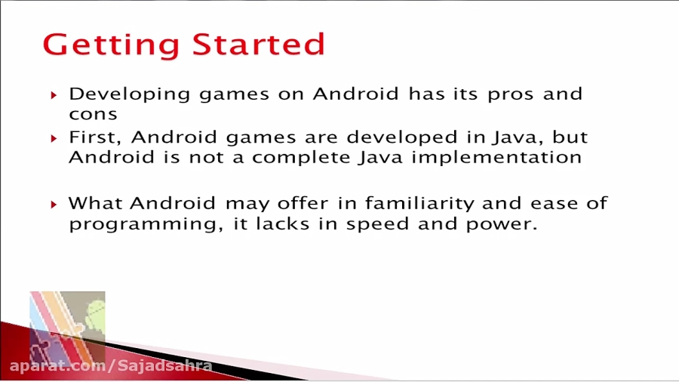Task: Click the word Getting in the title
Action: (112, 45)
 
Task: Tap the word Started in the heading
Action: (259, 44)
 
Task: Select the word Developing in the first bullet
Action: (130, 94)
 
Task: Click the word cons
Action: (93, 114)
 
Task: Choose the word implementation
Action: (496, 158)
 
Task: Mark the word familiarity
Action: (419, 203)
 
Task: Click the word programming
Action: (146, 225)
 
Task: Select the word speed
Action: (377, 224)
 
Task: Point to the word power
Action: (502, 225)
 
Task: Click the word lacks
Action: (282, 223)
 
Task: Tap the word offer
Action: (303, 202)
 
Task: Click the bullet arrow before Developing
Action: (54, 95)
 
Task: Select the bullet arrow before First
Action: (54, 139)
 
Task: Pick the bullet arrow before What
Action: (54, 205)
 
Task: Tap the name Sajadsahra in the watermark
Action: (165, 366)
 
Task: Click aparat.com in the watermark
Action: (58, 366)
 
